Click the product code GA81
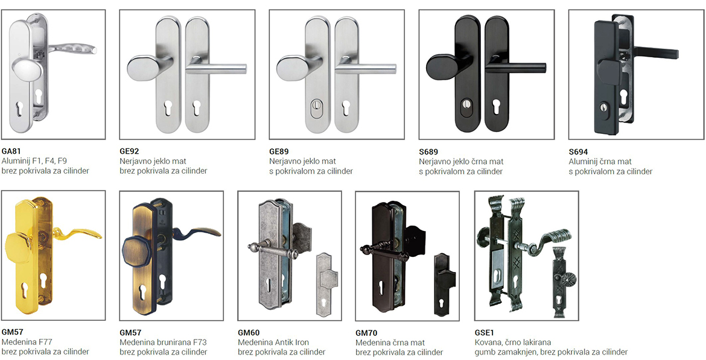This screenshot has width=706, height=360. pos(11,151)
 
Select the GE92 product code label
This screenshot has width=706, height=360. pos(129,151)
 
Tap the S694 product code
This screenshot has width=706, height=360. pos(578,152)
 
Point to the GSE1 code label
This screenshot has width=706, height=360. pos(484,333)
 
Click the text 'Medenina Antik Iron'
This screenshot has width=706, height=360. pos(273,343)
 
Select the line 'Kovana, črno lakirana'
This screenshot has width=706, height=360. pos(513,343)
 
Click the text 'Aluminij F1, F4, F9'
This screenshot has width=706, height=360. pos(34,161)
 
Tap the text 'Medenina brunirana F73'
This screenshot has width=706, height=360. pos(164,343)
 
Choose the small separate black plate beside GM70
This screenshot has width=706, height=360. pos(444,284)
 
